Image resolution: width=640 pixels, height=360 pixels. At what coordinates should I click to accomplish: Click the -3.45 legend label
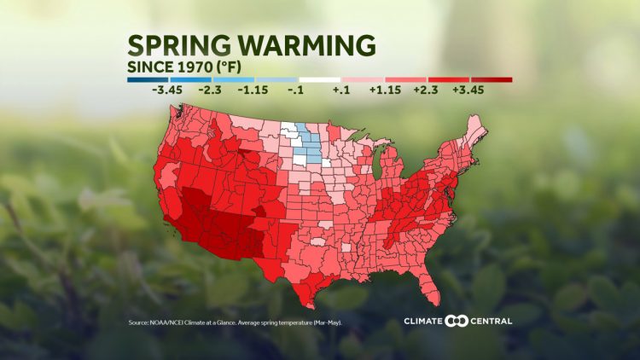(168, 89)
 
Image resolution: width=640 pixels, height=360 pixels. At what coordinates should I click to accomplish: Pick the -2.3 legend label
(211, 89)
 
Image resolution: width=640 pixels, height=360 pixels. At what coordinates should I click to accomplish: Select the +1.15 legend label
(383, 89)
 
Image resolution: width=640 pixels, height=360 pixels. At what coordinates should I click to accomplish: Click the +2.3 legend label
(426, 89)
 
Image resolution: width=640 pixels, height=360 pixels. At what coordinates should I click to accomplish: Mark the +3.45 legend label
(470, 89)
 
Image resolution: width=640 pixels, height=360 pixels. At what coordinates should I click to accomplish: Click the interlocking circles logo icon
(457, 321)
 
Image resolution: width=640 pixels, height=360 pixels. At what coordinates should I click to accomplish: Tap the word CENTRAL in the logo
(492, 321)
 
